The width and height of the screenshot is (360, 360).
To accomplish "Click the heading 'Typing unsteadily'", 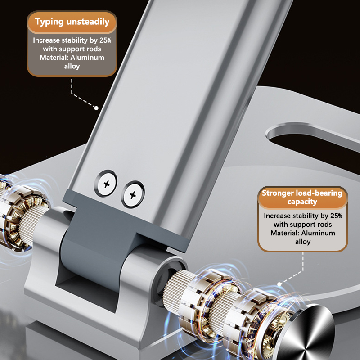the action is pos(72,22).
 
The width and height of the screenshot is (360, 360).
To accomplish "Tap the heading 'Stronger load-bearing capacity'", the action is pos(302,197).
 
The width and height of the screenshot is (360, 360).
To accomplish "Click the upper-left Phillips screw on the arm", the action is pos(106,184).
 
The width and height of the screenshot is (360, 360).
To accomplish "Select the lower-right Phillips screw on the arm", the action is pos(133,195).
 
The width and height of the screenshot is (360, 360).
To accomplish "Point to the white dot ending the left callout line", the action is pos(96,108).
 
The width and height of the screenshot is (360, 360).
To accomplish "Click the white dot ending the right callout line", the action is pos(279,284).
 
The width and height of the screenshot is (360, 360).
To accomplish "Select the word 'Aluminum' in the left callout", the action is pos(87,58).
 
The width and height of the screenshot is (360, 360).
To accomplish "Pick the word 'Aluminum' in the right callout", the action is pos(318,233).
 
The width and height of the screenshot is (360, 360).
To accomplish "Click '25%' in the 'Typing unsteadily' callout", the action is pos(105,40).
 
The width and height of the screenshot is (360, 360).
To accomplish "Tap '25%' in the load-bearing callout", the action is pos(336,216).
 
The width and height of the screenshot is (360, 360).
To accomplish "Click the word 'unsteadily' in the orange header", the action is pos(88,22).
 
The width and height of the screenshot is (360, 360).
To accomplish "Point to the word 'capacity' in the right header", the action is pos(302,202).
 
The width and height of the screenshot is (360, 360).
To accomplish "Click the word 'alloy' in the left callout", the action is pos(72,66).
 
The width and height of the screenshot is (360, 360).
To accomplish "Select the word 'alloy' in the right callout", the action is pos(303,242).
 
